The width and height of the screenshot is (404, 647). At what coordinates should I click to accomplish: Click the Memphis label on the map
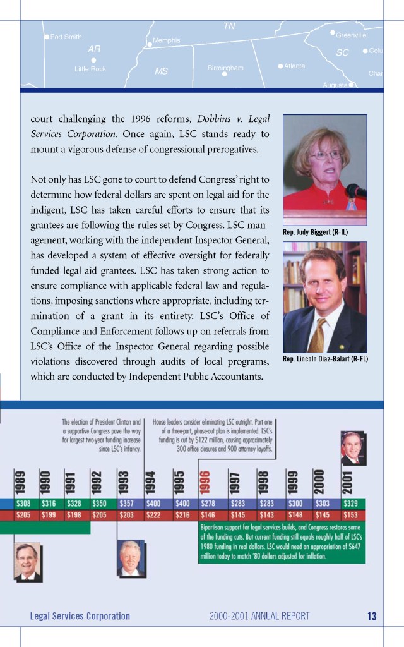click(167, 40)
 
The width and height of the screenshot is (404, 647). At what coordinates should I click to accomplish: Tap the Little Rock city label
click(90, 69)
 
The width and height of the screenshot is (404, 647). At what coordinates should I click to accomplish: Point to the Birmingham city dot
click(224, 74)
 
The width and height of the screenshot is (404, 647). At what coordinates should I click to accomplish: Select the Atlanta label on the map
click(295, 66)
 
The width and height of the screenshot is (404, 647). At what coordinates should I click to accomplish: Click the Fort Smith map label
click(66, 37)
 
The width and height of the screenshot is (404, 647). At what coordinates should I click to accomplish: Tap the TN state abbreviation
click(229, 26)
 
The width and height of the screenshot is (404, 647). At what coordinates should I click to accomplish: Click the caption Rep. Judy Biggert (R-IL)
click(316, 233)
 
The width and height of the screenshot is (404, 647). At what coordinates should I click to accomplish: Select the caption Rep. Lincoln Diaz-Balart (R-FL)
click(325, 359)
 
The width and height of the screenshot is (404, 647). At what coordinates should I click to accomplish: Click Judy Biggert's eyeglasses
click(325, 155)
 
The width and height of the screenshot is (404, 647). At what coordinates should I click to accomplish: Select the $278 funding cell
click(208, 504)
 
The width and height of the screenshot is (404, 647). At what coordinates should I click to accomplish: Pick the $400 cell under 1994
click(153, 504)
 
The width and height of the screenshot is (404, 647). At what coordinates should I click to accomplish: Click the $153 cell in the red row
click(350, 515)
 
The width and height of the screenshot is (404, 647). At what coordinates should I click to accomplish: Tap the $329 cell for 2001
click(350, 504)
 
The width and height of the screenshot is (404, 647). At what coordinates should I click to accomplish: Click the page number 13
click(371, 616)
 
